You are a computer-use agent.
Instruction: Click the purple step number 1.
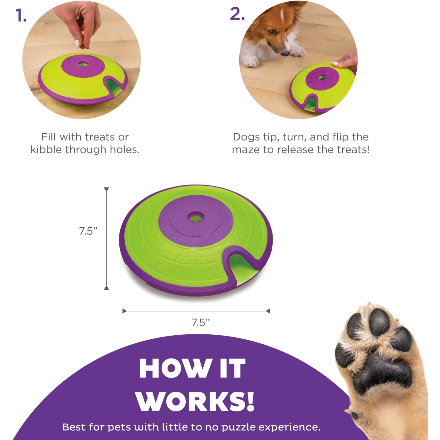20,15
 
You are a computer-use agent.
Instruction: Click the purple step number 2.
237,14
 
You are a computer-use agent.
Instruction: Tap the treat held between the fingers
83,46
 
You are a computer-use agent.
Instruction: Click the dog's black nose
285,53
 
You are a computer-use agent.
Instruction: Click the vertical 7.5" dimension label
88,231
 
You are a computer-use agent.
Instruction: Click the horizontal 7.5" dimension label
201,322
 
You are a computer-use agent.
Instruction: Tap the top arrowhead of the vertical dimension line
106,189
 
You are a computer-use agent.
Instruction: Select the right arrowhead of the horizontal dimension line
268,311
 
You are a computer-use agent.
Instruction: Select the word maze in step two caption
246,150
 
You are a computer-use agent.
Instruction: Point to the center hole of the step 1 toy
83,64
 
